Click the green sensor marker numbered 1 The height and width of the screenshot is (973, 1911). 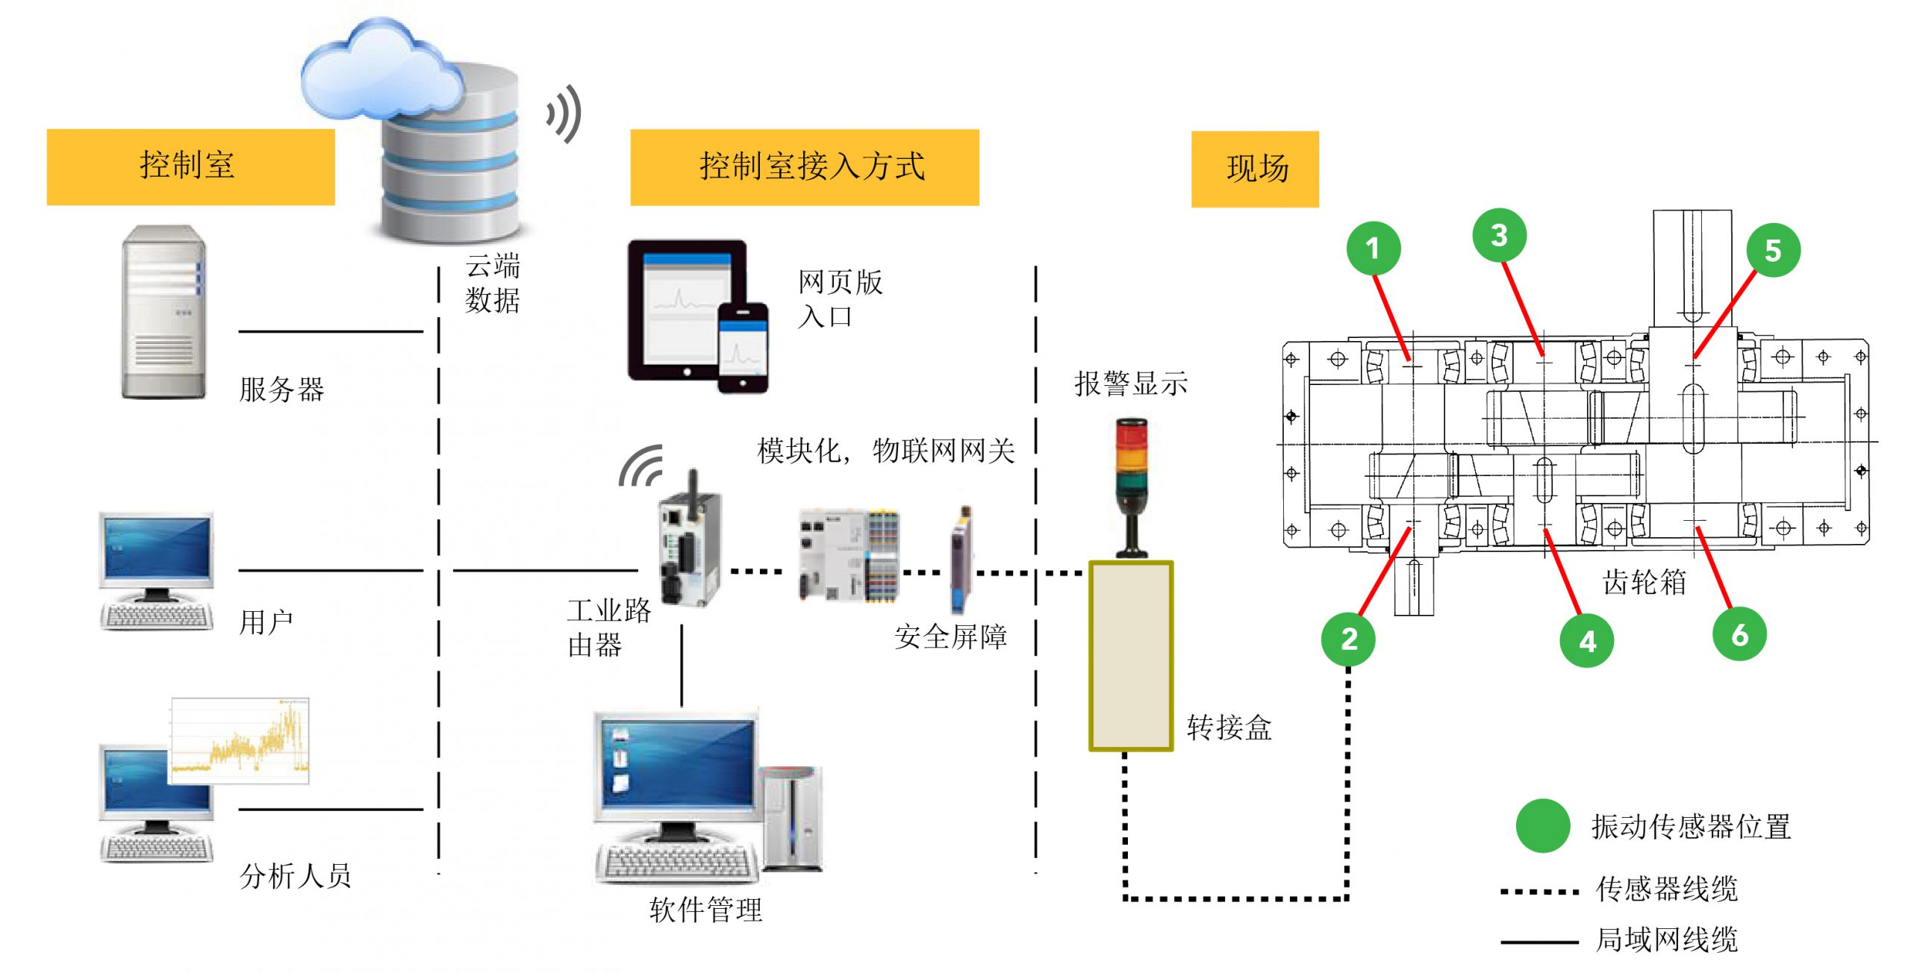point(1373,248)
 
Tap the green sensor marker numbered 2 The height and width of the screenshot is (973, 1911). point(1348,639)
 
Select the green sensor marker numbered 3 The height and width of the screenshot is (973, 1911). point(1499,236)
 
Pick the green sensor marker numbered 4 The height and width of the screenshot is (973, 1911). point(1587,641)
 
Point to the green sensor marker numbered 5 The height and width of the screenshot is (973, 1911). point(1773,251)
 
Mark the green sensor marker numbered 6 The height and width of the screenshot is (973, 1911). point(1739,635)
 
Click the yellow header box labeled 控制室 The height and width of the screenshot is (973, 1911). point(190,166)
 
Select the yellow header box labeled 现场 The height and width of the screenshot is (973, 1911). point(1255,169)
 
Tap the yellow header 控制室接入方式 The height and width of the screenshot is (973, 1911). point(804,167)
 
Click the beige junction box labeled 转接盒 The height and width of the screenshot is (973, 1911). point(1130,655)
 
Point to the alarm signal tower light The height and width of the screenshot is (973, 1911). point(1132,485)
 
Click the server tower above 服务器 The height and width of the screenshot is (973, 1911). point(163,312)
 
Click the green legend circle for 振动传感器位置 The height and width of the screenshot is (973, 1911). point(1542,826)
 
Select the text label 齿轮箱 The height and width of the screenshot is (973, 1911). point(1645,582)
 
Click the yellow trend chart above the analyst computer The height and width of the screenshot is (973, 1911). point(240,741)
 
